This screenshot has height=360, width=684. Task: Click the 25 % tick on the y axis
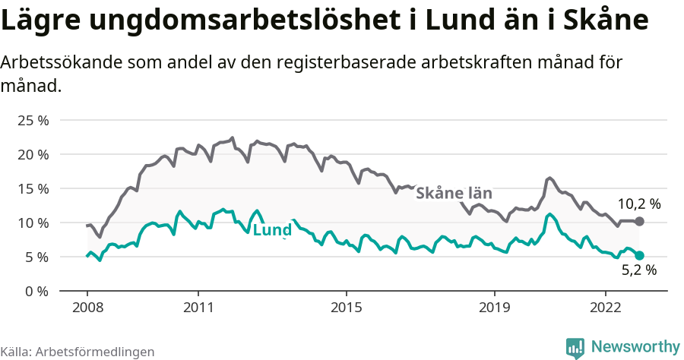[33, 120]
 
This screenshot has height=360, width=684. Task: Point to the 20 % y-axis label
[33, 154]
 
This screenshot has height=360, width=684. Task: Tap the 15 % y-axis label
[33, 188]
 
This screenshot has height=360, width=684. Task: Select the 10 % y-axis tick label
[33, 223]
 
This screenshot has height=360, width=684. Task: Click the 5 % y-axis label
[36, 257]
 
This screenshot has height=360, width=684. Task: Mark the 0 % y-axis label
[36, 291]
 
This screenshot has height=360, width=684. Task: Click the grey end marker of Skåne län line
[640, 221]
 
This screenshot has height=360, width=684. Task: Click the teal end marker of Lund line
[640, 256]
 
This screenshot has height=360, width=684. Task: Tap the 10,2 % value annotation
[638, 204]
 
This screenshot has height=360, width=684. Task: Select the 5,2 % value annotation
[638, 270]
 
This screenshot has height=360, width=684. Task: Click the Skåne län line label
[454, 193]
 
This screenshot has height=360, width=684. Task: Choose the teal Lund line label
[272, 230]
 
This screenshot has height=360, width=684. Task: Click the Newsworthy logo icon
[575, 347]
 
